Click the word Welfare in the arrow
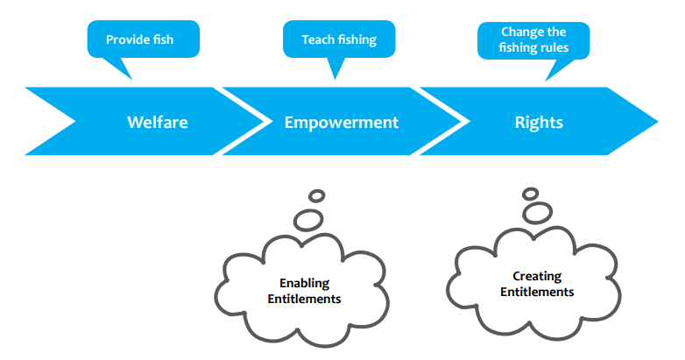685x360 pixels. [x=158, y=123]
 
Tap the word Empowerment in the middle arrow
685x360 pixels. [x=342, y=123]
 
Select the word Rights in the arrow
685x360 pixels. [x=539, y=123]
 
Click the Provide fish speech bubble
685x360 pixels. [x=144, y=39]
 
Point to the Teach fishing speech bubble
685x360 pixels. [x=339, y=39]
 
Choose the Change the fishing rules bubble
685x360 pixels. [x=533, y=40]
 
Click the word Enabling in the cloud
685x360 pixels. [x=305, y=284]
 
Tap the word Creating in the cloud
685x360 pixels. [x=537, y=277]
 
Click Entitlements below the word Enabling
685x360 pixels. [x=304, y=300]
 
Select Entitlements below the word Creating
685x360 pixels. [x=537, y=293]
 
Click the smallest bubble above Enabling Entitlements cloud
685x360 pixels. [x=317, y=195]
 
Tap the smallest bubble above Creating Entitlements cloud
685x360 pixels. [x=530, y=194]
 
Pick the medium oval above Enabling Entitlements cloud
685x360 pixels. [x=308, y=220]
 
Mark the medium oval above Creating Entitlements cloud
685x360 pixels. [x=537, y=213]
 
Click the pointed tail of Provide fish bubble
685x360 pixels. [x=131, y=80]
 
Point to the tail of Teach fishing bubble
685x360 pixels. [x=335, y=80]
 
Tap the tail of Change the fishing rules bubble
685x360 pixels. [x=545, y=81]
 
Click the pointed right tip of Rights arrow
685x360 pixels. [x=658, y=121]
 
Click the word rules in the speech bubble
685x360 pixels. [x=554, y=47]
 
